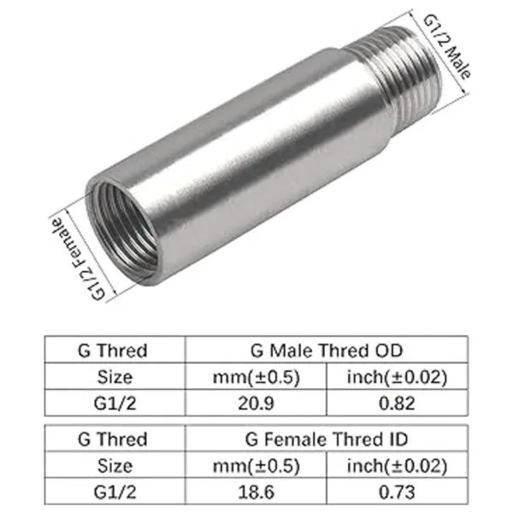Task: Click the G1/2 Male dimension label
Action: click(447, 47)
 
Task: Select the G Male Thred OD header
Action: click(327, 351)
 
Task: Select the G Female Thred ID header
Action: click(327, 439)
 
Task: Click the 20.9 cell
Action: click(256, 403)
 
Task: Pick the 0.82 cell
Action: click(397, 403)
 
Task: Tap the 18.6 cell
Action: click(256, 492)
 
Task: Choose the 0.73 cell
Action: click(397, 492)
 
